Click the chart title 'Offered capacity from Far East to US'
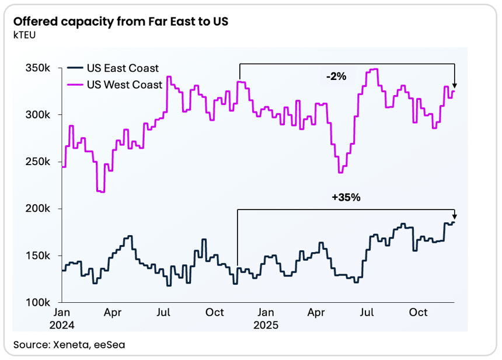coord(120,22)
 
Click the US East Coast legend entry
coord(123,68)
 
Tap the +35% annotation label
coord(346,197)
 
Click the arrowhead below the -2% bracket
coord(454,85)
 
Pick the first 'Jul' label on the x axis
coord(164,313)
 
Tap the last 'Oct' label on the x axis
coord(418,313)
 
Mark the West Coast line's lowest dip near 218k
coord(101,191)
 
